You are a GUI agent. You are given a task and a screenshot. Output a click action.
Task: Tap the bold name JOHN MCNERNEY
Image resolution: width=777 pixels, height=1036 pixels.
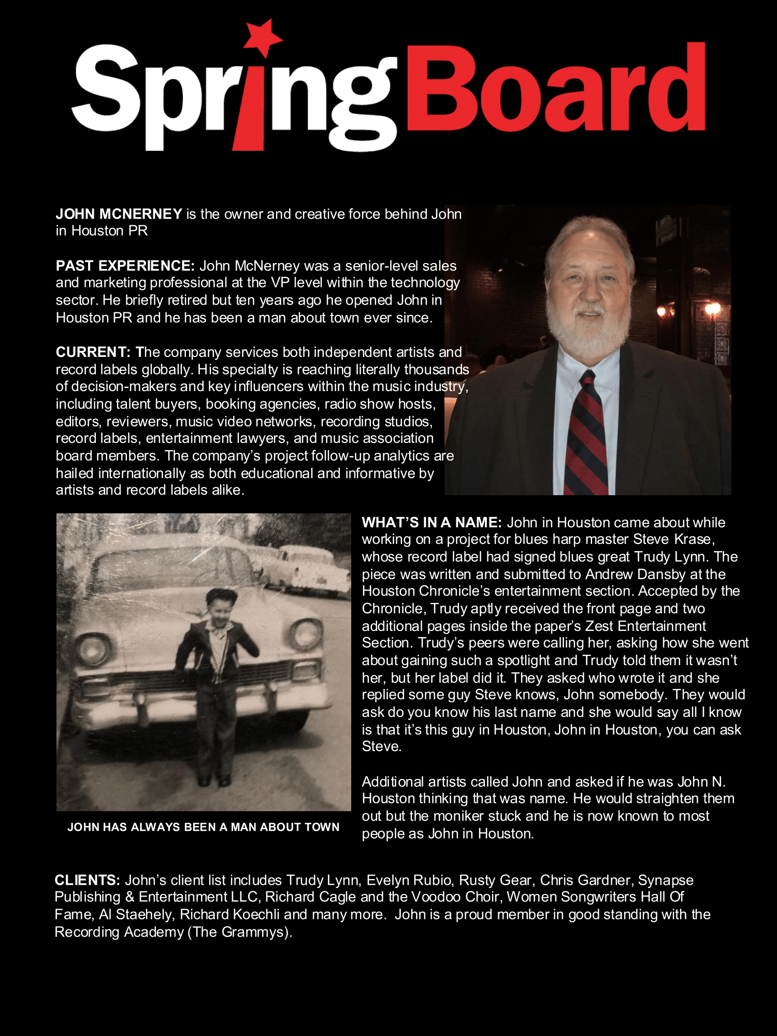119,214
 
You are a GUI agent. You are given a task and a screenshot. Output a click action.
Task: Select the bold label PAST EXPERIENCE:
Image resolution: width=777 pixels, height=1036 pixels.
125,266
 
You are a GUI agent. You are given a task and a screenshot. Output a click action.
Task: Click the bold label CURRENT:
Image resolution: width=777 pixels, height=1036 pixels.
93,352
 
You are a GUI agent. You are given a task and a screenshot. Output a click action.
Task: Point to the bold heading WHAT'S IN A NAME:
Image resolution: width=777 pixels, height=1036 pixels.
431,522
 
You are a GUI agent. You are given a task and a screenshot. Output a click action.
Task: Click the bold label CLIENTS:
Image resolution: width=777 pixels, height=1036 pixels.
87,880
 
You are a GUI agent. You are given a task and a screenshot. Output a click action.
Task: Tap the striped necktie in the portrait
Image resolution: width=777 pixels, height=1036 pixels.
586,435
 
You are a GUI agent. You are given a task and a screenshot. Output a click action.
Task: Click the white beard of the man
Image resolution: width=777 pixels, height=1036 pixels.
588,332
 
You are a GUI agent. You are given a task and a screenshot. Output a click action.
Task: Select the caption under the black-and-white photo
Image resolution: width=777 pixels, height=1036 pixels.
203,827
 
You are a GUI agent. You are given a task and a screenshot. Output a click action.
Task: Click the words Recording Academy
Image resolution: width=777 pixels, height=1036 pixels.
119,932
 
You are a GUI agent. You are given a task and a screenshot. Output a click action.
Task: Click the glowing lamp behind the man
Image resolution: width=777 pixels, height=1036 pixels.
713,310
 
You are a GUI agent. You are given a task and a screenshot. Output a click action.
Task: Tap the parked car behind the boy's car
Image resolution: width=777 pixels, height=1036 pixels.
311,570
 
